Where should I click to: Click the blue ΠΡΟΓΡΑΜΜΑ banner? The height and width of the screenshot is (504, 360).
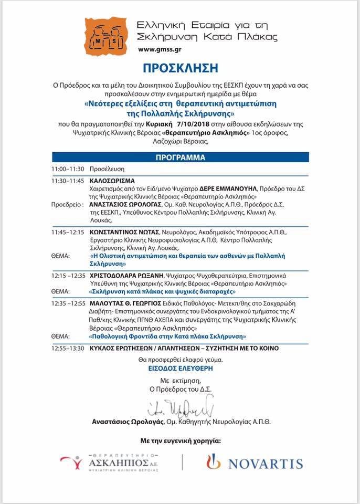coord(180,157)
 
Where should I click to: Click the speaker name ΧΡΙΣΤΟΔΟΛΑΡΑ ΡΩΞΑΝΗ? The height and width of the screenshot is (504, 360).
coord(126,275)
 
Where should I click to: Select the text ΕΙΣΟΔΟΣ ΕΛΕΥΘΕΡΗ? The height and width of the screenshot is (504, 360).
coord(179,369)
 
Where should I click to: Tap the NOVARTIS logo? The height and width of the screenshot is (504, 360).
coord(255,463)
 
